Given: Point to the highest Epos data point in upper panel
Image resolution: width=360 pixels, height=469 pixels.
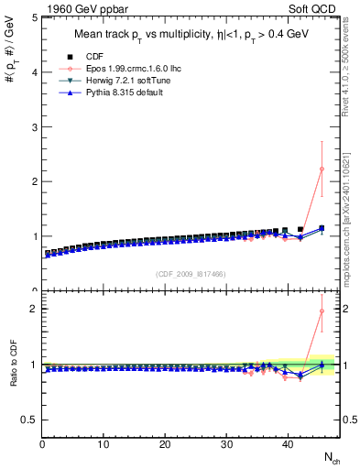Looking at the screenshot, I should [x=322, y=169].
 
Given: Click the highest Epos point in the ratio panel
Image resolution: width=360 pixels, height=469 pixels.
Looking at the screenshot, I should [x=322, y=311].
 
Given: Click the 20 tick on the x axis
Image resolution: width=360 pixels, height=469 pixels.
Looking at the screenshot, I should [x=165, y=444].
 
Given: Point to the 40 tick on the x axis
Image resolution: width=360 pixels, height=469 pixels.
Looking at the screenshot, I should [x=287, y=444].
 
